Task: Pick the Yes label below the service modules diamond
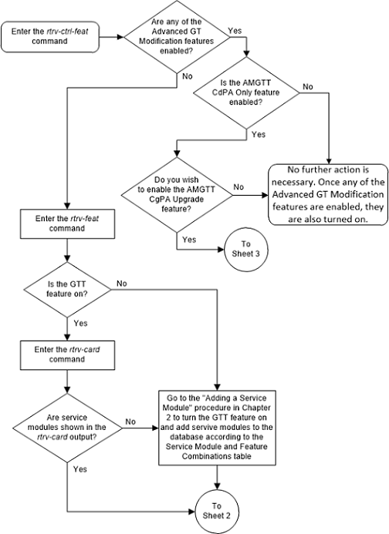click(x=79, y=467)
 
